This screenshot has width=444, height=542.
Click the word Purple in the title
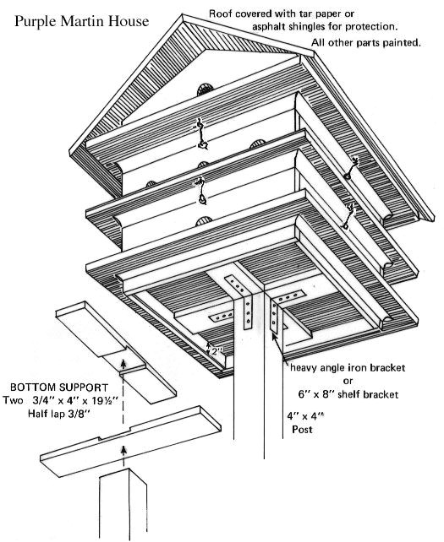click(36, 18)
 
